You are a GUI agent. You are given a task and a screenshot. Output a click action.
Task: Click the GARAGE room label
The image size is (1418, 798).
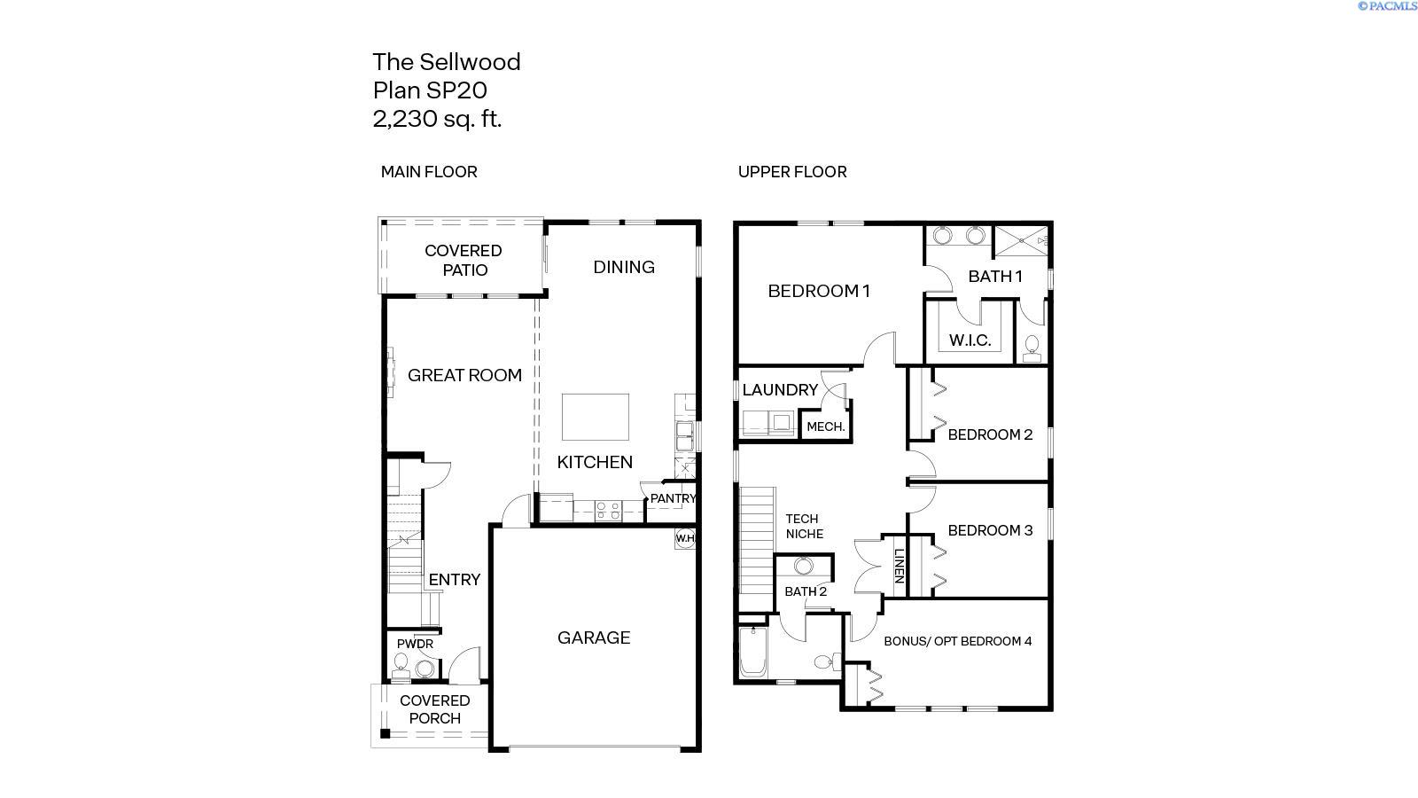(x=594, y=638)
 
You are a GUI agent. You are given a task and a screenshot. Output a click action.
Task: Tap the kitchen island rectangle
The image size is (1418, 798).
(x=596, y=417)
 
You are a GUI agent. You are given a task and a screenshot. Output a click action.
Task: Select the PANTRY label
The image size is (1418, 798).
(x=673, y=498)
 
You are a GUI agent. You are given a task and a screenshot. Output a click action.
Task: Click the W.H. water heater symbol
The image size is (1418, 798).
(x=685, y=537)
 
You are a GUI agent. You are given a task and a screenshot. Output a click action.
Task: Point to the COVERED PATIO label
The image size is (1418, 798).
(x=464, y=260)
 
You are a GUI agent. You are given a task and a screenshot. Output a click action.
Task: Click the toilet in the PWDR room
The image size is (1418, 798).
(x=401, y=663)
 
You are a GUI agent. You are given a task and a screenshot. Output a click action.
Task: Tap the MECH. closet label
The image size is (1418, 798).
(x=825, y=426)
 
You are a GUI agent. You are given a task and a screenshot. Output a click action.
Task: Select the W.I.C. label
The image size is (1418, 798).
(x=970, y=340)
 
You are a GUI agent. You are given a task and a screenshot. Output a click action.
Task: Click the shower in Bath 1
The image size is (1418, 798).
(x=1020, y=239)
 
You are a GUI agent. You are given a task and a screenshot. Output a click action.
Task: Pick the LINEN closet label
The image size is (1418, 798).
(x=897, y=566)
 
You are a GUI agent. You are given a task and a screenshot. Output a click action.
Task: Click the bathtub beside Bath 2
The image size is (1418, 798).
(x=752, y=652)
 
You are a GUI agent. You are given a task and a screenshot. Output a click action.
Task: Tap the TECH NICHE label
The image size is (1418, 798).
(x=804, y=526)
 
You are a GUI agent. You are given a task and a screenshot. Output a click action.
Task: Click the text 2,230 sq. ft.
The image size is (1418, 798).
(x=437, y=119)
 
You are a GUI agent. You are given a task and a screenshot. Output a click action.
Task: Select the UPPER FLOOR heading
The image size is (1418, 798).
(x=792, y=172)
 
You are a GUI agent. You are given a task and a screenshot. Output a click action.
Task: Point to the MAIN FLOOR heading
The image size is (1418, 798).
(x=429, y=172)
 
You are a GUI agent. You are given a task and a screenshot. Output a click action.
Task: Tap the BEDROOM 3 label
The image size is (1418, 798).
(x=990, y=530)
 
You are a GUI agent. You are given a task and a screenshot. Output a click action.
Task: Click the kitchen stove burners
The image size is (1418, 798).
(x=607, y=510)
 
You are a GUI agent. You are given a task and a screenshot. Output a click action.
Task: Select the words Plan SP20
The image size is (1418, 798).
(x=430, y=90)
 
